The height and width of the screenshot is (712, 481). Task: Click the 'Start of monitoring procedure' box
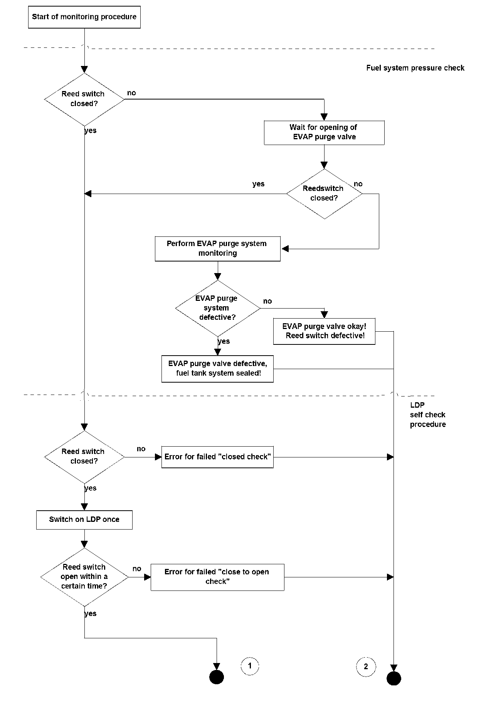84,17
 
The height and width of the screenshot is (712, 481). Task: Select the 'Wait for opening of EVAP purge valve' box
324,133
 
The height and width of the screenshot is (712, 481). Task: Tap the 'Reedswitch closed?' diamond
324,194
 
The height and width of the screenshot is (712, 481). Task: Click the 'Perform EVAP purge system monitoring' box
218,249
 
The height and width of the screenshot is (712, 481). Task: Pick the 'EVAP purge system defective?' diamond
218,308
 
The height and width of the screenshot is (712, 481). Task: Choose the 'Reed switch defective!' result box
324,331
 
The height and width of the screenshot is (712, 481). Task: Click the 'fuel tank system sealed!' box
217,369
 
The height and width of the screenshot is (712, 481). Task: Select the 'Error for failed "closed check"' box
217,457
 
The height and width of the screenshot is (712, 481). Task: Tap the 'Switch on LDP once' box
84,520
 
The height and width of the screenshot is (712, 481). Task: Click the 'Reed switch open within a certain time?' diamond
84,577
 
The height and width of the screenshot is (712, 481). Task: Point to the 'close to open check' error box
217,577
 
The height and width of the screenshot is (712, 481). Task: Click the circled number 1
250,666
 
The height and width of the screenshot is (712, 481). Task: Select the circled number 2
366,666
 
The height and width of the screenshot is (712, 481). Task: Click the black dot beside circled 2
394,678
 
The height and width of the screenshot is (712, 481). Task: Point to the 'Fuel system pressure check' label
415,68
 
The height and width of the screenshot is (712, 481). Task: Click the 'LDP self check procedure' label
428,415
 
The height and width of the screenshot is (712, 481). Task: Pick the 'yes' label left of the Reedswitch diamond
258,184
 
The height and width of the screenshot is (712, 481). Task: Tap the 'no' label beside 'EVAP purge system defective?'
267,301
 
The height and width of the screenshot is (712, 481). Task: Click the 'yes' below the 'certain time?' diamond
90,614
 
